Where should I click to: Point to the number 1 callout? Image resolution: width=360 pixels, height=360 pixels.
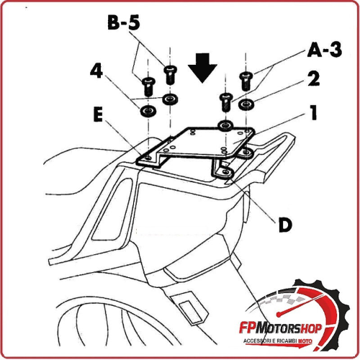pos(313,114)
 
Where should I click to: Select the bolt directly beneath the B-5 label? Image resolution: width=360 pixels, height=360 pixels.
pos(170,73)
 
